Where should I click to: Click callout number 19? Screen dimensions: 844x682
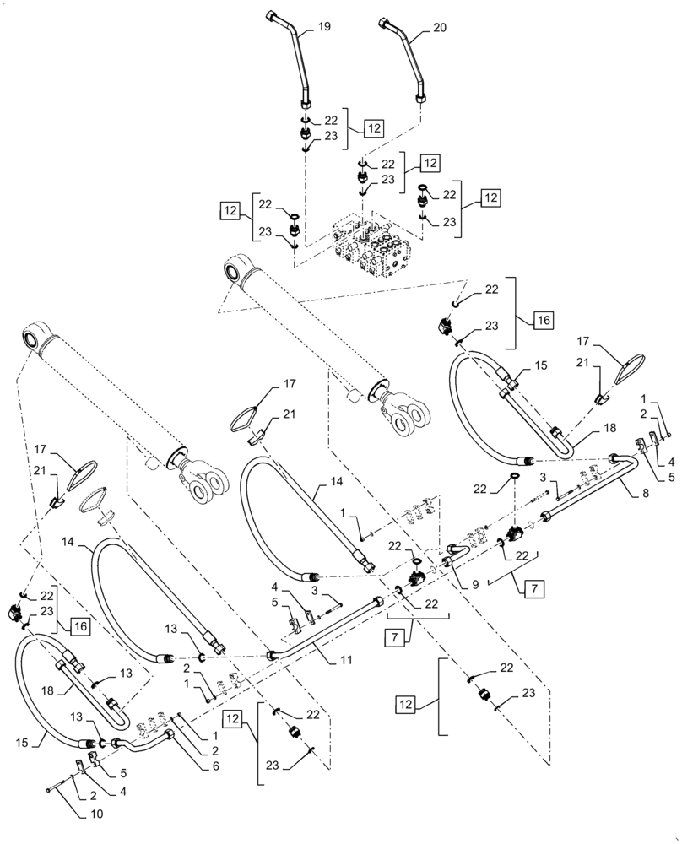coord(325,28)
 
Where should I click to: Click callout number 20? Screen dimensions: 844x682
coord(440,28)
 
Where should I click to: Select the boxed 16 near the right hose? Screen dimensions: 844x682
coord(543,321)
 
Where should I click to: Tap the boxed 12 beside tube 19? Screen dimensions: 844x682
coord(373,128)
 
